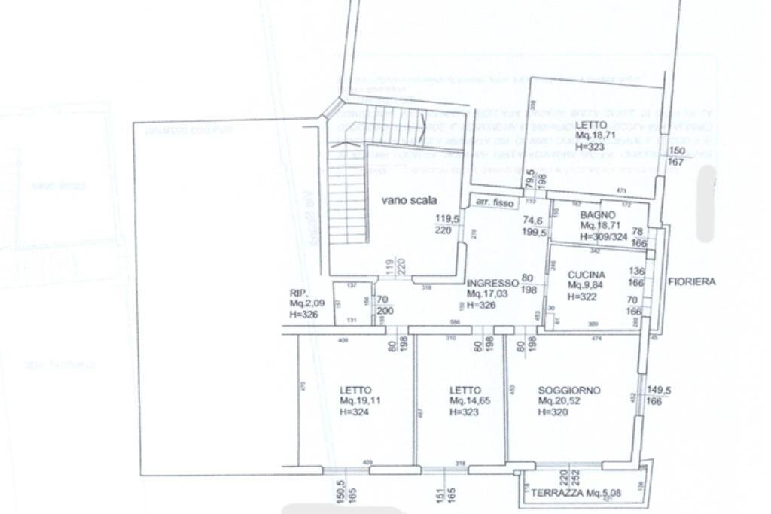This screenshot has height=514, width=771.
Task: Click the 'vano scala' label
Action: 409,200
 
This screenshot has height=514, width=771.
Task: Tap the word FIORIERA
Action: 691,282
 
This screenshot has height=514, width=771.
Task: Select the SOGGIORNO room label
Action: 569,390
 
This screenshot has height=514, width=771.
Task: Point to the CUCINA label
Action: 587,275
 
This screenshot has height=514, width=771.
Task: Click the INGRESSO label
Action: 492,283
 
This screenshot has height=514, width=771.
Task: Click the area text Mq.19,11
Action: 360,401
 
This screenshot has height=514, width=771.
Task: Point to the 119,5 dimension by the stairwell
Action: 446,221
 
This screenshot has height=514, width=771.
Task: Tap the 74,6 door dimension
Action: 533,221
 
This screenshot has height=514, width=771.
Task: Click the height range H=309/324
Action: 603,236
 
